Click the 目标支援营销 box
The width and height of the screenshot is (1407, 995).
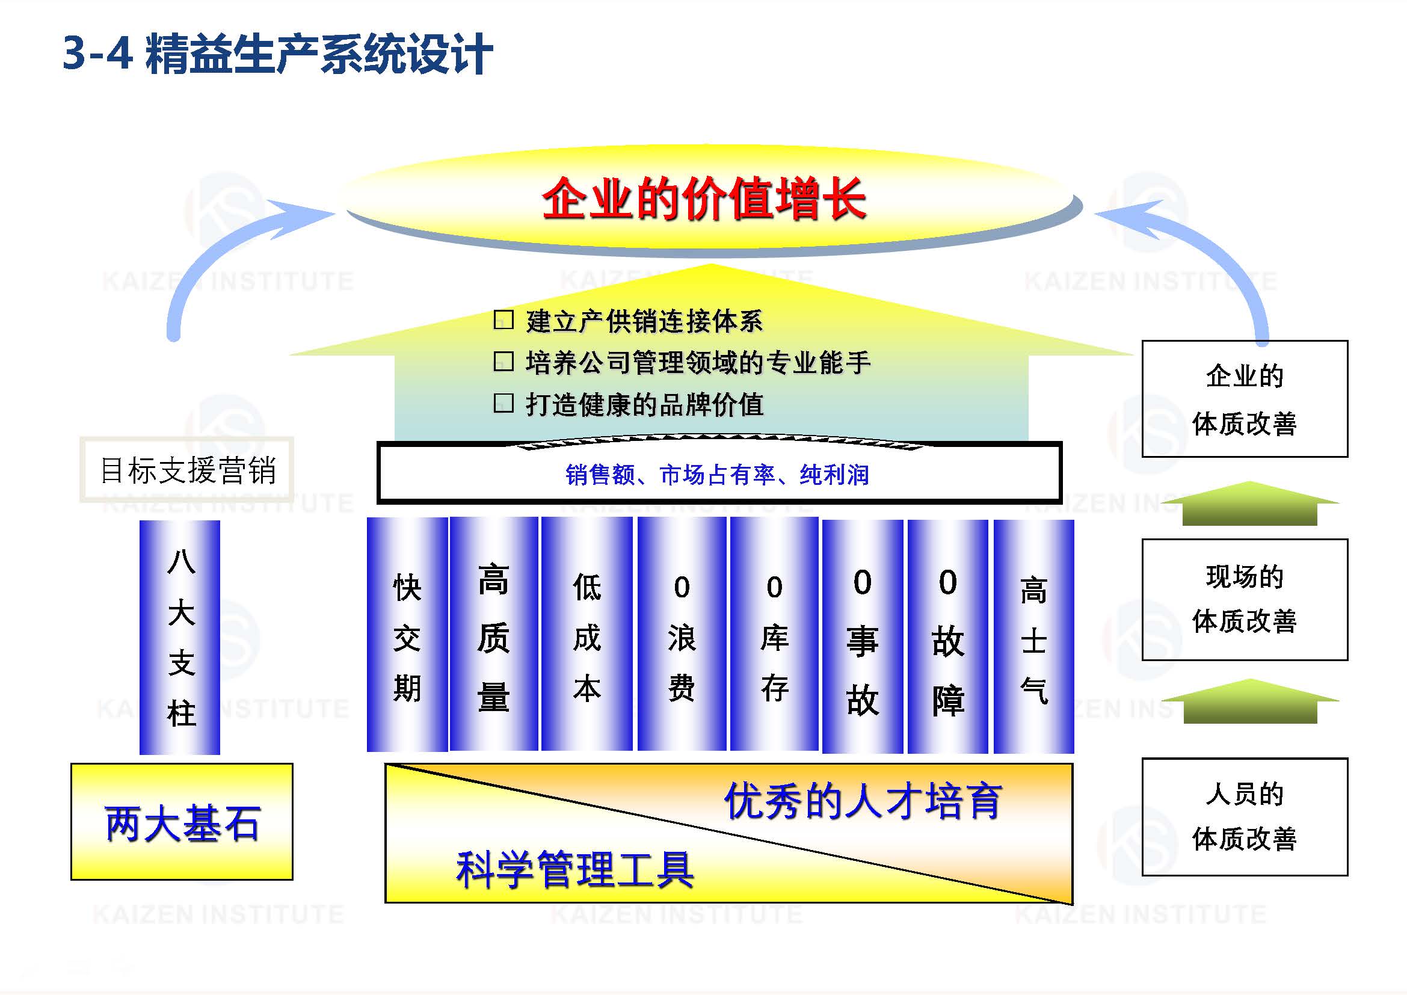pos(187,470)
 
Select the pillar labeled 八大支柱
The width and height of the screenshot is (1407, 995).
pos(179,637)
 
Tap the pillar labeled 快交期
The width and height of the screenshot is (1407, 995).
pos(407,635)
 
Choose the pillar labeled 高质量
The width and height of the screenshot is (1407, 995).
pos(493,635)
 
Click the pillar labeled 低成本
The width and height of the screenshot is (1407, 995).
pos(587,635)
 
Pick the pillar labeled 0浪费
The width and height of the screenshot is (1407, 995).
pos(682,635)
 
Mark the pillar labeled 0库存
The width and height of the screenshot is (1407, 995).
pos(774,635)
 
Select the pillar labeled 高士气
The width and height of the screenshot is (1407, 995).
pos(1033,637)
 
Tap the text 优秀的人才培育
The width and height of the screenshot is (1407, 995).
pos(863,801)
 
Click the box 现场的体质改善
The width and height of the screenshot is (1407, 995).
pos(1244,599)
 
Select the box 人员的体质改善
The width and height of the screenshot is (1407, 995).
pos(1244,817)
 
